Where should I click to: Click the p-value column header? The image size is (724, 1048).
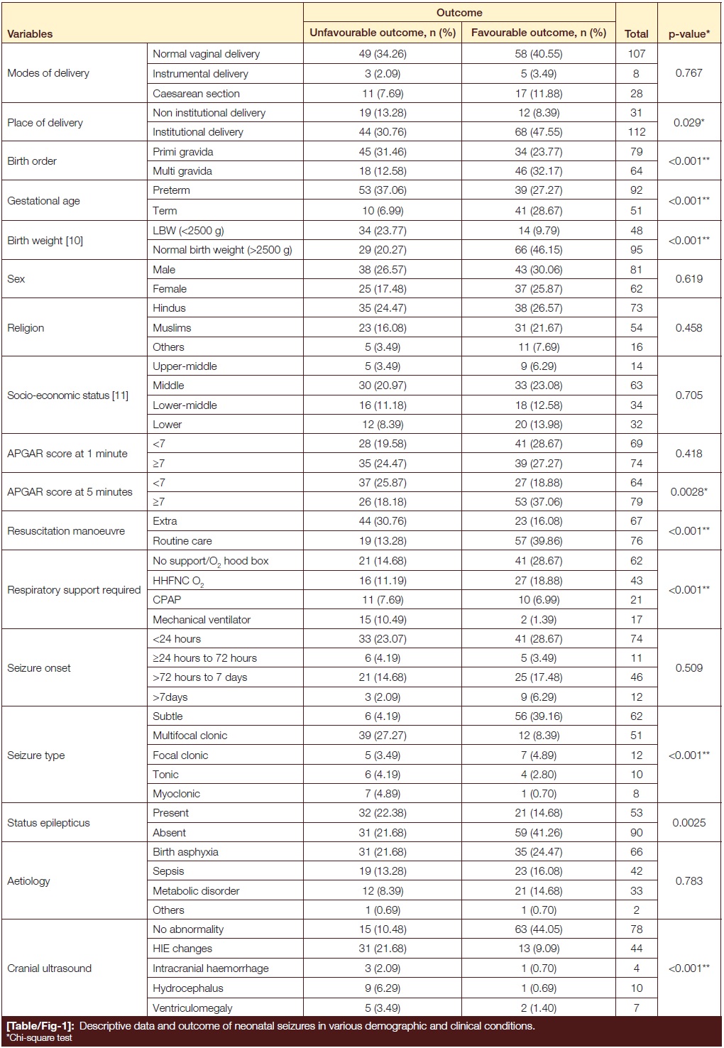tap(689, 33)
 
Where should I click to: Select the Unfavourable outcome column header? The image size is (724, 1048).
tap(383, 33)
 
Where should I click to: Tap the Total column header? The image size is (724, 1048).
tap(636, 33)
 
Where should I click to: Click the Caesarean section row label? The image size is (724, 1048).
tap(196, 93)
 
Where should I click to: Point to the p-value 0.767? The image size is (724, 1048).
tap(689, 73)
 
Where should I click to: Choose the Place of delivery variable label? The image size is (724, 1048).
tap(45, 122)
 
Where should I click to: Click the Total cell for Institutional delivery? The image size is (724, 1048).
tap(636, 132)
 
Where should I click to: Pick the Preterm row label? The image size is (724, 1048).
tap(171, 190)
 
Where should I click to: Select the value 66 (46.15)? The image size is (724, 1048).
tap(538, 250)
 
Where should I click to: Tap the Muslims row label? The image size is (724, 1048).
tap(172, 327)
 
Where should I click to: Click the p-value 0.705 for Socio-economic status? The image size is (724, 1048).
tap(689, 395)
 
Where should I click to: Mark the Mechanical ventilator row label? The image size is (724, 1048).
tap(202, 619)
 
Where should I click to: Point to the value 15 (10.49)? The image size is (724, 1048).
tap(383, 619)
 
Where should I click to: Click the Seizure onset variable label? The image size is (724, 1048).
tap(39, 667)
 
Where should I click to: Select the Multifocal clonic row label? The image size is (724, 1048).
tap(190, 736)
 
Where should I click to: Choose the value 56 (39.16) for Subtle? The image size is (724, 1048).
tap(538, 716)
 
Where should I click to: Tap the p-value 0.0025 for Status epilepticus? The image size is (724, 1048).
tap(689, 822)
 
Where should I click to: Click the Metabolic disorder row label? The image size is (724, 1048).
tap(196, 890)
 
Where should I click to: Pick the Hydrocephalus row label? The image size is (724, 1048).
tap(187, 988)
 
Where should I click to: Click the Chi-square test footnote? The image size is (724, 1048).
tap(40, 1037)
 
